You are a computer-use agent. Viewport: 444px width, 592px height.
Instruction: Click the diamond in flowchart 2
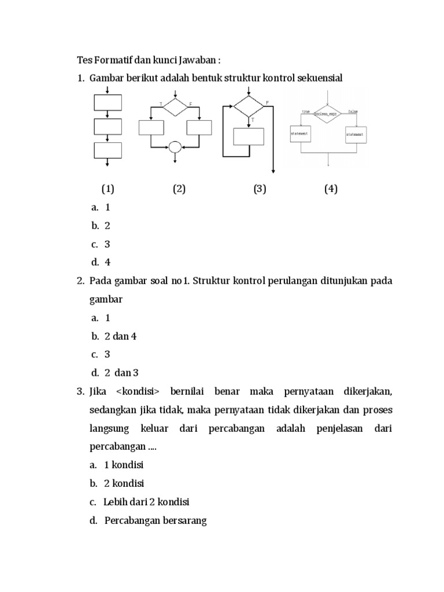(x=175, y=107)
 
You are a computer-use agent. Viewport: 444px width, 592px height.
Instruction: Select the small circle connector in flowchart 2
(x=175, y=147)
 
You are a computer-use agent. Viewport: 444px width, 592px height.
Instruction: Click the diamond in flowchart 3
(x=249, y=107)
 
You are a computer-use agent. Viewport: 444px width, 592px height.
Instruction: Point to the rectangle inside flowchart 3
(x=249, y=136)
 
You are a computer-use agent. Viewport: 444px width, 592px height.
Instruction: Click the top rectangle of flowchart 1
(x=108, y=102)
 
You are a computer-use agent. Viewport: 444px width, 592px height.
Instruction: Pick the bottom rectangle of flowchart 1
(x=108, y=150)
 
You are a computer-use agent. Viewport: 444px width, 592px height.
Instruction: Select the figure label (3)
(x=260, y=189)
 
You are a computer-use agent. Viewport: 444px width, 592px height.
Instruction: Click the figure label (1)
(x=108, y=189)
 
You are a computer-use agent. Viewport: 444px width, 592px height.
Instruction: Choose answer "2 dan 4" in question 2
(x=120, y=336)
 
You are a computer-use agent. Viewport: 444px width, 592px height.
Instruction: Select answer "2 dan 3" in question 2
(x=121, y=372)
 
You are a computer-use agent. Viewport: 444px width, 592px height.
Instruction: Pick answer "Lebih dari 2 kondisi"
(x=147, y=502)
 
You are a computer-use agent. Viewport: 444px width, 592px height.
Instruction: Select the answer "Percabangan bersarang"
(x=156, y=520)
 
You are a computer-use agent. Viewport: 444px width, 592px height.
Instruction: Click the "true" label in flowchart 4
(x=306, y=110)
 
